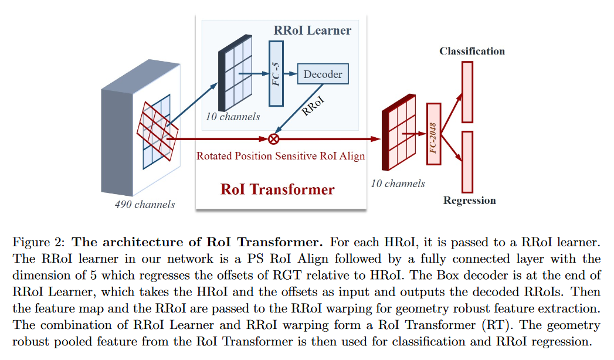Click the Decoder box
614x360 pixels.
pos(323,74)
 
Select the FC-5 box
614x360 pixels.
pos(276,73)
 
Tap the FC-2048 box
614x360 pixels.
pos(433,134)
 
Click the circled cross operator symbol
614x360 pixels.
pos(273,139)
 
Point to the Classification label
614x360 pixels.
pos(471,51)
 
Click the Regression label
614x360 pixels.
pos(469,201)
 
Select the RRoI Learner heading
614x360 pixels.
pos(313,30)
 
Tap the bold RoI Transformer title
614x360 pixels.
pos(277,189)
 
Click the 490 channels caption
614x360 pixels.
pos(145,205)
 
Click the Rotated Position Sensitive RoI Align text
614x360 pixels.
pos(280,156)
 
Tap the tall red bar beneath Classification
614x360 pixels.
pos(467,92)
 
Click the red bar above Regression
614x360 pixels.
pos(467,162)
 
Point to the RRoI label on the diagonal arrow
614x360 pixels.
pos(312,104)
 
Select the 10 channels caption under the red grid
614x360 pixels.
pos(398,184)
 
